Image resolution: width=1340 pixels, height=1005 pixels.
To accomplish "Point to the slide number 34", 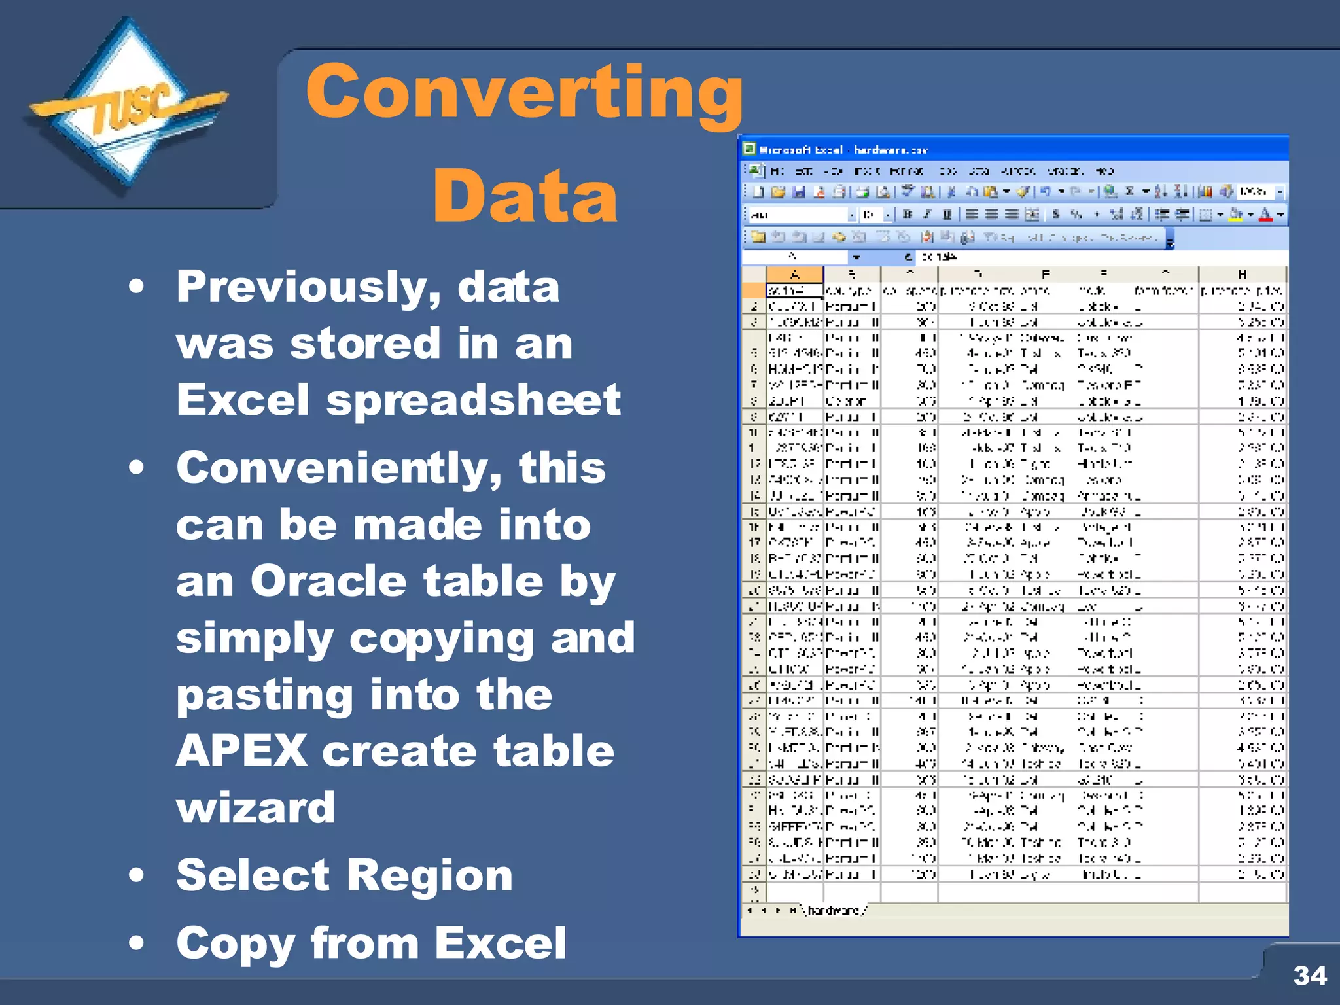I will point(1309,976).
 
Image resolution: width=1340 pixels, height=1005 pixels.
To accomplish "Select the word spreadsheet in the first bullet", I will point(473,400).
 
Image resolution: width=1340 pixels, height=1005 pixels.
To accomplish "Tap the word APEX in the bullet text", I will point(241,750).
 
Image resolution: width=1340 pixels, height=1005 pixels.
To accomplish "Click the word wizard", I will point(255,807).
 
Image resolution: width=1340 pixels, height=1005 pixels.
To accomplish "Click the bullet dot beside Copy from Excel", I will point(136,943).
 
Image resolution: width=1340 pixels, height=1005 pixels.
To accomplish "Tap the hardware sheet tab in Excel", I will point(834,910).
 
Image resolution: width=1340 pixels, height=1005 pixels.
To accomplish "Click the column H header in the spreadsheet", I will point(1241,273).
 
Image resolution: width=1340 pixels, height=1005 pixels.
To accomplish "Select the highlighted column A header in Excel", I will point(794,274).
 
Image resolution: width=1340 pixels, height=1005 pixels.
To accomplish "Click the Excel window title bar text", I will point(843,150).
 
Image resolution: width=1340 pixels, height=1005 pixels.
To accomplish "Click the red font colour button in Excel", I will point(1265,214).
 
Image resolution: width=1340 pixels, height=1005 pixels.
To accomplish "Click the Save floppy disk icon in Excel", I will point(798,192).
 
